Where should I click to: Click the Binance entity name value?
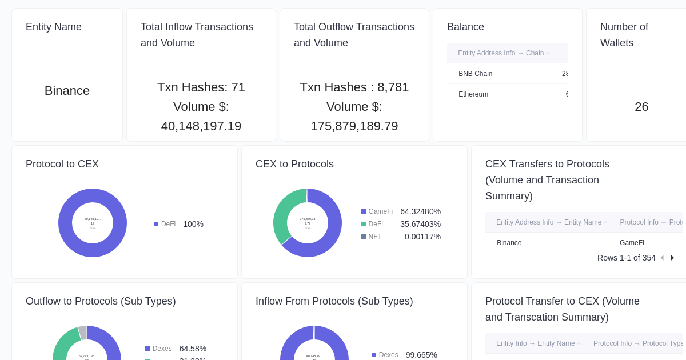pos(67,91)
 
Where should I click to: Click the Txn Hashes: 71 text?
pos(201,87)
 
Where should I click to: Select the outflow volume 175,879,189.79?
pos(354,126)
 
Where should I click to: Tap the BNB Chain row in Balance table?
pos(475,74)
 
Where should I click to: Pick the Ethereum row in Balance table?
pos(473,94)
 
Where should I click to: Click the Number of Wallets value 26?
pos(641,107)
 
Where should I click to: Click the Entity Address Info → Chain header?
pos(501,53)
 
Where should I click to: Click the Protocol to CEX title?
pos(62,164)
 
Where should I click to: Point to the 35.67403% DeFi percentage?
pos(420,224)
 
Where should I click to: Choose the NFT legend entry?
pos(374,237)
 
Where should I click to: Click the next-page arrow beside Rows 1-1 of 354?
pos(672,258)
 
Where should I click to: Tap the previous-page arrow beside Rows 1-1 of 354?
pos(662,258)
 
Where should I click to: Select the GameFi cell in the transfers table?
pos(632,243)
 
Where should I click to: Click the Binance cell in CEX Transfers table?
pos(509,243)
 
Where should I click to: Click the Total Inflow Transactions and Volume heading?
pos(197,35)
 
